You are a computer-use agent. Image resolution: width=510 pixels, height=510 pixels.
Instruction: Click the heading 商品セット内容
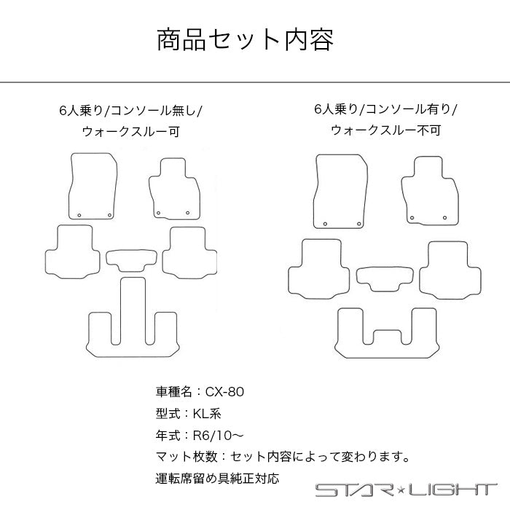[x=246, y=40]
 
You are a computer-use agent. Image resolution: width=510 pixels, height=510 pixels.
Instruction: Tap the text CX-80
[x=225, y=391]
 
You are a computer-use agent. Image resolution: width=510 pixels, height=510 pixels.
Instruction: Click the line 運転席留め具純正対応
[x=216, y=479]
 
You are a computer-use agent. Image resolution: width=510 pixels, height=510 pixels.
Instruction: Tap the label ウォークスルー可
[x=132, y=132]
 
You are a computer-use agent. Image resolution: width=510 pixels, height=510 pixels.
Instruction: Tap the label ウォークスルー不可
[x=385, y=130]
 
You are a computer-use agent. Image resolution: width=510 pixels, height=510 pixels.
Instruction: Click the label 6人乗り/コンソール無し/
[x=132, y=111]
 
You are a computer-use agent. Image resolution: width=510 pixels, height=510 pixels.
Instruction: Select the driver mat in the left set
[x=92, y=186]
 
